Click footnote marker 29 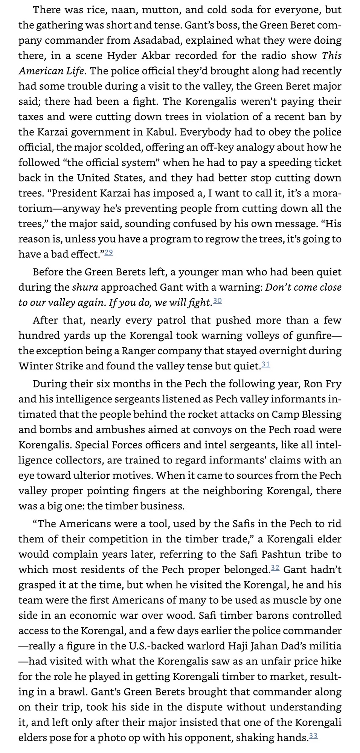(x=109, y=252)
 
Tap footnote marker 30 (x=217, y=300)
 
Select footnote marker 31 (x=266, y=364)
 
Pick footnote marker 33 (x=313, y=735)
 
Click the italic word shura (x=85, y=287)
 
